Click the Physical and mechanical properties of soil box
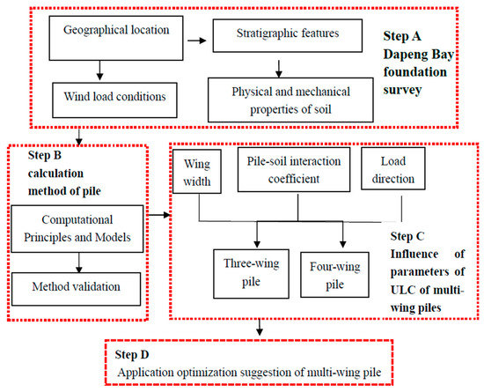(x=278, y=97)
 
